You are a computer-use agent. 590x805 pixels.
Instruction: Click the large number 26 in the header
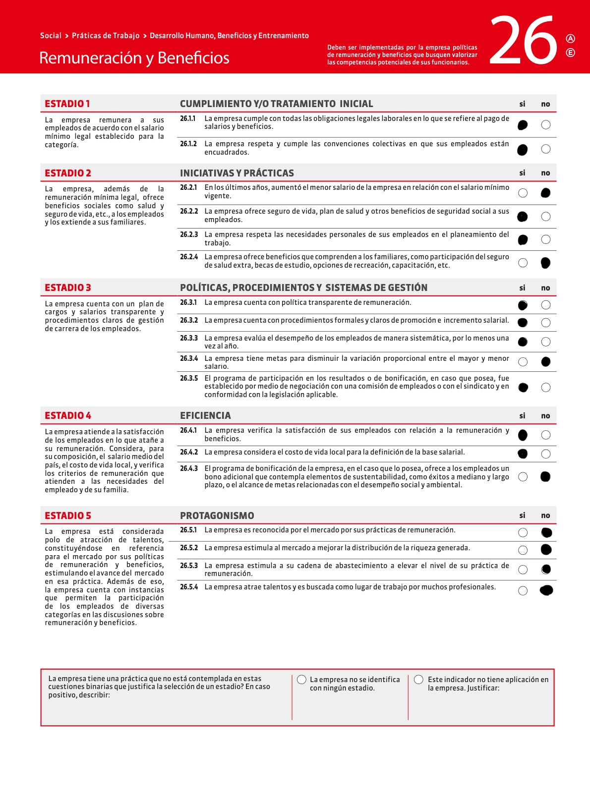click(523, 41)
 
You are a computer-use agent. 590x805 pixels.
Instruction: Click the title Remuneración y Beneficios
click(134, 58)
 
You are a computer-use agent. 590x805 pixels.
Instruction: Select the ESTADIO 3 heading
click(68, 287)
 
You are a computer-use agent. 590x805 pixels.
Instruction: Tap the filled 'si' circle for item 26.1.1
click(523, 125)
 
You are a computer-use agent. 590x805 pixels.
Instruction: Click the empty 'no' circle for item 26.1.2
click(546, 149)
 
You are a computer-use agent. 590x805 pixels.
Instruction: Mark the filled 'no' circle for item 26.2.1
click(546, 193)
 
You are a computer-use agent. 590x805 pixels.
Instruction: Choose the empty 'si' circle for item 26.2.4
click(523, 263)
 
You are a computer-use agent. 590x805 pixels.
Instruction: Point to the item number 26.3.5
click(188, 378)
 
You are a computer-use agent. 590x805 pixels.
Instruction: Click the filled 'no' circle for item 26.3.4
click(546, 362)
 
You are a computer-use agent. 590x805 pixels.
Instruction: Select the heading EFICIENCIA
click(205, 415)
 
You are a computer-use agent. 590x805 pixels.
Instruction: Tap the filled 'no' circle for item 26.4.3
click(545, 477)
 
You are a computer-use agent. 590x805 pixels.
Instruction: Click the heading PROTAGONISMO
click(217, 516)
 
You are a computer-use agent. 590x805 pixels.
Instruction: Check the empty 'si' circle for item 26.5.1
click(523, 532)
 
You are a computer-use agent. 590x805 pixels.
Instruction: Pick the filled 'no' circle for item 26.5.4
click(546, 590)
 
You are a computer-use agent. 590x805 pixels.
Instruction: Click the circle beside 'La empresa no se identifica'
click(301, 680)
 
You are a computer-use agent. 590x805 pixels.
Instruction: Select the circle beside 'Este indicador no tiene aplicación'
click(418, 680)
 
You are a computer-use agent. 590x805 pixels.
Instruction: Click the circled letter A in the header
click(571, 39)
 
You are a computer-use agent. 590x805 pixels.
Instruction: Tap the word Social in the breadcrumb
click(51, 36)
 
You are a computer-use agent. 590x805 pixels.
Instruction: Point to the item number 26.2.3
click(188, 234)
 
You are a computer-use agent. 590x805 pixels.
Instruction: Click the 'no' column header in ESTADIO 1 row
click(545, 104)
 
